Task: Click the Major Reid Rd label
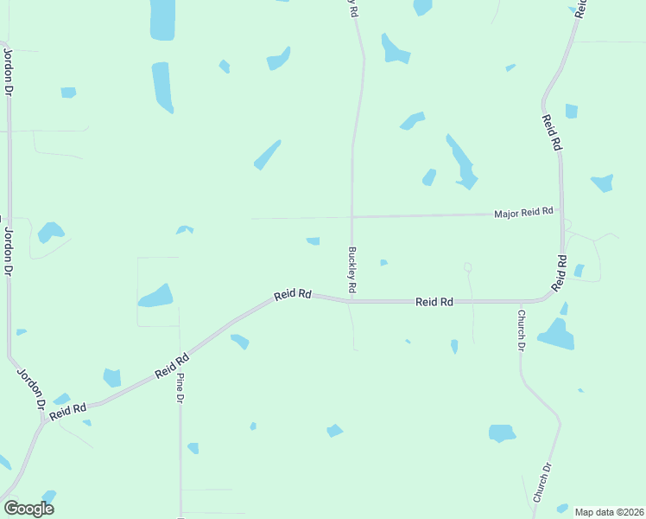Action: pyautogui.click(x=522, y=212)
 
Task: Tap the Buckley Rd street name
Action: pyautogui.click(x=352, y=271)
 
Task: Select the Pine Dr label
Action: pyautogui.click(x=180, y=388)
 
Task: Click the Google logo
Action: pyautogui.click(x=28, y=509)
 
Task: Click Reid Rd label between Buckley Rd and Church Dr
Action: pyautogui.click(x=434, y=302)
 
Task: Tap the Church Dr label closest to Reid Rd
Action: pyautogui.click(x=522, y=330)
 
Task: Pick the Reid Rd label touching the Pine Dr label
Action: pyautogui.click(x=172, y=365)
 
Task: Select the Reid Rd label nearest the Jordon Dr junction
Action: pyautogui.click(x=68, y=411)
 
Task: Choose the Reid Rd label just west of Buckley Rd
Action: pyautogui.click(x=293, y=295)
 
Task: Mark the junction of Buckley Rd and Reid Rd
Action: pyautogui.click(x=351, y=300)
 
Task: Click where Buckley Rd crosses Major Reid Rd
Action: pyautogui.click(x=351, y=215)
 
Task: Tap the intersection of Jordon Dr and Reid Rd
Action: pyautogui.click(x=41, y=421)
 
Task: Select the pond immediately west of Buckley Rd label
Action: pyautogui.click(x=313, y=240)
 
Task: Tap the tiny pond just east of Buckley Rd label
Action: pyautogui.click(x=383, y=262)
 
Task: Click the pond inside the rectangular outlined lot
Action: pyautogui.click(x=156, y=296)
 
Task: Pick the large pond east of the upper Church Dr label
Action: pyautogui.click(x=557, y=335)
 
